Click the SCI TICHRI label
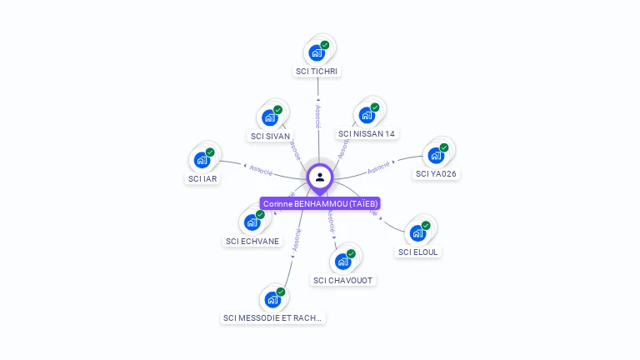(x=317, y=71)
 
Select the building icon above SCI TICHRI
(x=317, y=52)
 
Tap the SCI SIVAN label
(x=270, y=136)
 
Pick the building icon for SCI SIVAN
(x=270, y=117)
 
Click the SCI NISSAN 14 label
(x=367, y=133)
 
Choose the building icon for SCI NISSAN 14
(x=367, y=115)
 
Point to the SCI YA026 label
(x=436, y=173)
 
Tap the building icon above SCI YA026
(x=436, y=155)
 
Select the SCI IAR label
(x=202, y=178)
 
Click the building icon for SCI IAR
(x=202, y=160)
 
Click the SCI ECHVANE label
(x=252, y=241)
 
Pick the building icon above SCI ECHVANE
(x=252, y=222)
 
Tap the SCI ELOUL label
(x=418, y=252)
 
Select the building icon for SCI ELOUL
(x=417, y=233)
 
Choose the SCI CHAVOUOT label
(x=343, y=280)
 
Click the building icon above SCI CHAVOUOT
(x=342, y=262)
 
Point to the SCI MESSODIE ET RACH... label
(x=272, y=317)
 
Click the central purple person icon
(x=320, y=177)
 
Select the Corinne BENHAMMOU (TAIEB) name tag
(x=320, y=203)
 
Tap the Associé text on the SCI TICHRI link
(x=318, y=116)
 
